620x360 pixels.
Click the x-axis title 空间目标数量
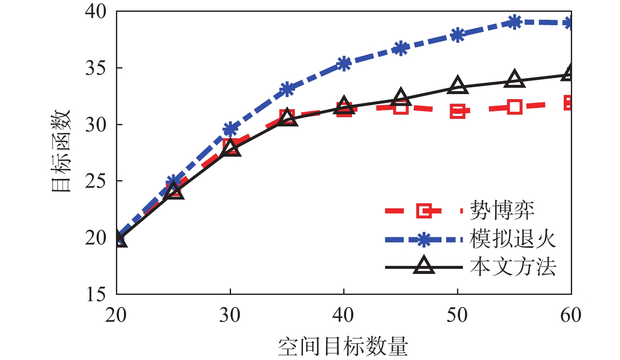pyautogui.click(x=343, y=347)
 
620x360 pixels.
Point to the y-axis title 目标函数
pyautogui.click(x=61, y=151)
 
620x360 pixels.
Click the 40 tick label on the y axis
pyautogui.click(x=96, y=11)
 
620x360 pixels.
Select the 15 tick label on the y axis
pyautogui.click(x=96, y=294)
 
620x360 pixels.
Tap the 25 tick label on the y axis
pyautogui.click(x=96, y=181)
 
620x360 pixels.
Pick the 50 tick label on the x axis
pyautogui.click(x=457, y=315)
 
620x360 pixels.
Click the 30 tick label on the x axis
pyautogui.click(x=230, y=315)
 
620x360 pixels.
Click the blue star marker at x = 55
pyautogui.click(x=515, y=22)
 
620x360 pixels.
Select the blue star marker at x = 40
pyautogui.click(x=344, y=64)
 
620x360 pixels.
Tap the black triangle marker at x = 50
pyautogui.click(x=457, y=86)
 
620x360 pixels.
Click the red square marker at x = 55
pyautogui.click(x=515, y=107)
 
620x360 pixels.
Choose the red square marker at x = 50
pyautogui.click(x=457, y=111)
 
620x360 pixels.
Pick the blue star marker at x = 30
pyautogui.click(x=230, y=129)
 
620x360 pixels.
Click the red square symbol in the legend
pyautogui.click(x=424, y=210)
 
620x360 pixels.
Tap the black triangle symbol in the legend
pyautogui.click(x=424, y=266)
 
